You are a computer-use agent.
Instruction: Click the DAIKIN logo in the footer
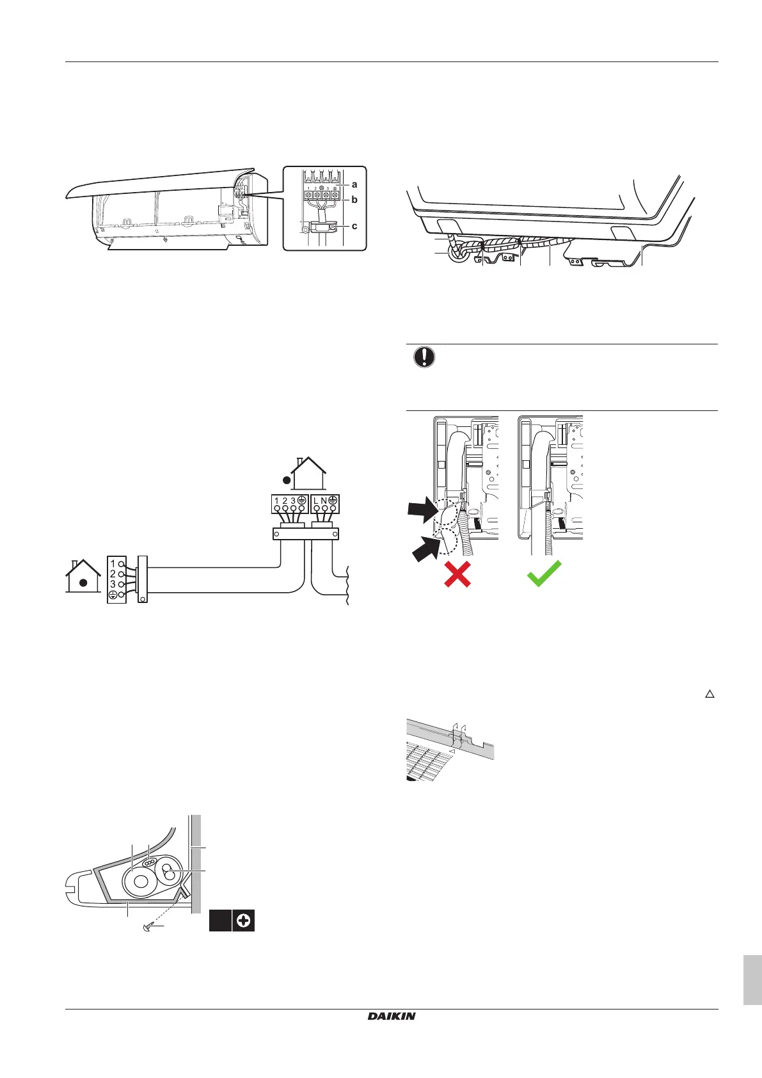point(392,1016)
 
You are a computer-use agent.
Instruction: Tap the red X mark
point(457,573)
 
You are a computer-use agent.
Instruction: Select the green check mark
point(544,573)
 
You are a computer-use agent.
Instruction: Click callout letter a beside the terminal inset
point(354,184)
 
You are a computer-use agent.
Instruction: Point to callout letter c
point(354,226)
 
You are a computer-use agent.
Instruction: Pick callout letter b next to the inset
point(354,200)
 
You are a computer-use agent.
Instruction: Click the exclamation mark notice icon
point(424,357)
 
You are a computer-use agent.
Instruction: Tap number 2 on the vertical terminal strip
point(113,574)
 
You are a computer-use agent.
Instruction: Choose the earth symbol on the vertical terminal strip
point(113,595)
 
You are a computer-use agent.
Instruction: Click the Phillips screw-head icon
point(244,921)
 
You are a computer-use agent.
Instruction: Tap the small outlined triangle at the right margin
point(709,694)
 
